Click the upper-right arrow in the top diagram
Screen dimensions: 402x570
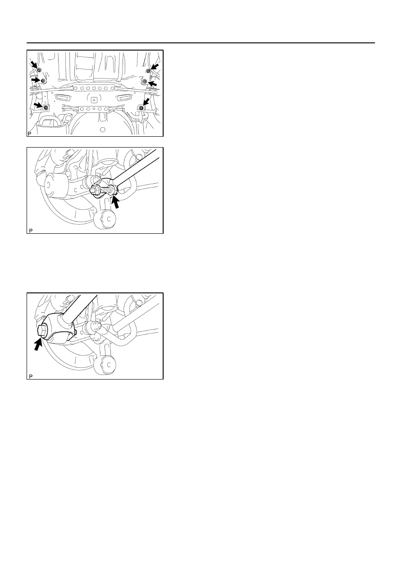coord(155,67)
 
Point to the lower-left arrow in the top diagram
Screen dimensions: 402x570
coord(38,105)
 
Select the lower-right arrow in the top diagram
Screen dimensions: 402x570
coord(146,102)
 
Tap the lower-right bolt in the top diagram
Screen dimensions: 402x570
coord(141,108)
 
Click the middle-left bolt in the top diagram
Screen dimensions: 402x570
coord(43,81)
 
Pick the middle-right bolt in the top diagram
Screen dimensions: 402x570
coord(145,81)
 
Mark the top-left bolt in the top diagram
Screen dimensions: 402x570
coord(39,70)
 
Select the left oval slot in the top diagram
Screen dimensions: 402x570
coord(61,98)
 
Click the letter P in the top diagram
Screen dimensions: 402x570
coord(29,134)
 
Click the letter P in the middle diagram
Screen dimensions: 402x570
coord(31,231)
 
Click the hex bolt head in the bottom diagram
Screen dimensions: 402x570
coord(42,331)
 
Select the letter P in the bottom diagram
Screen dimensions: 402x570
coord(31,376)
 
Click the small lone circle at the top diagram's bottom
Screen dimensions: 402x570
coord(103,130)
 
